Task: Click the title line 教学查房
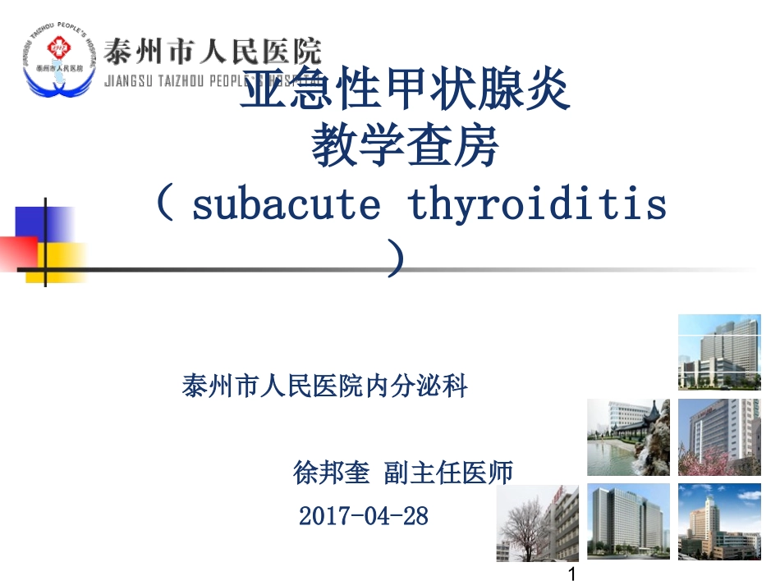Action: click(405, 149)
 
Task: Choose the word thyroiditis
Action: click(538, 205)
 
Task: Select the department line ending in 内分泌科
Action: click(324, 385)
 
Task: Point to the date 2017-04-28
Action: click(364, 516)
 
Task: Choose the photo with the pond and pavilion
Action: click(628, 437)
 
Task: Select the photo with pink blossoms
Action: click(719, 437)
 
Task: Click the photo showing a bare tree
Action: click(537, 523)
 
